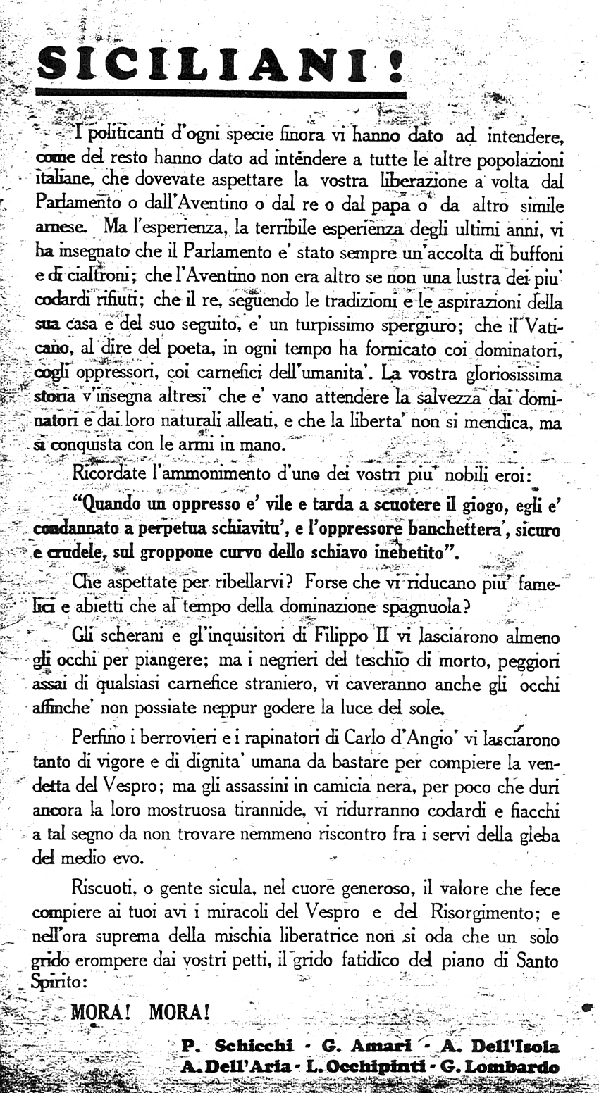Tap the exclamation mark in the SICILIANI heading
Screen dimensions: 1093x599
click(x=394, y=67)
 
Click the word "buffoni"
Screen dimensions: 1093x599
click(x=533, y=251)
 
